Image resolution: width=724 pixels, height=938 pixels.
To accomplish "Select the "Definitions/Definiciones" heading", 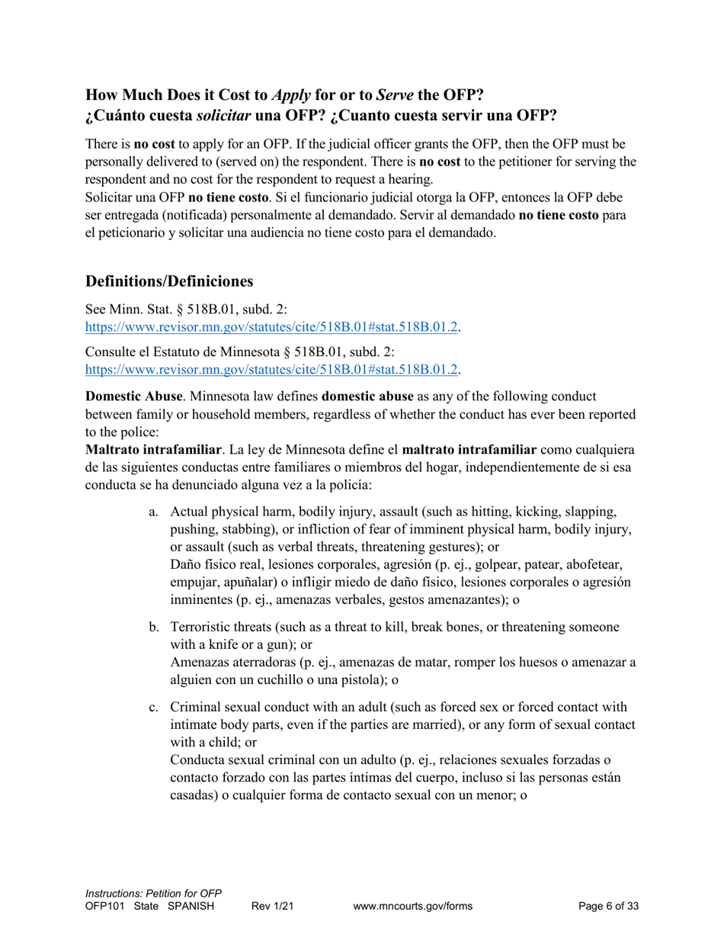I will click(169, 281).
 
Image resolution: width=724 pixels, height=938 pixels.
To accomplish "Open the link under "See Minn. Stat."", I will click(272, 327).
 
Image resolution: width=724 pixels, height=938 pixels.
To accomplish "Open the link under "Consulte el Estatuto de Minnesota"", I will click(272, 369).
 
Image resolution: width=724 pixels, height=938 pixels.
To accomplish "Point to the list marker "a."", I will click(154, 511).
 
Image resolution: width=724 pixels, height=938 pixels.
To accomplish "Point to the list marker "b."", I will click(154, 627).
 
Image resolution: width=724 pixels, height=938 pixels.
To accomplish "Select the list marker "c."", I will click(154, 707).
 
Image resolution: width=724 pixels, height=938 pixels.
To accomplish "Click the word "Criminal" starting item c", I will click(196, 707).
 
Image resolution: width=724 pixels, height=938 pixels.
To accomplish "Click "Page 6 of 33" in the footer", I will click(608, 907).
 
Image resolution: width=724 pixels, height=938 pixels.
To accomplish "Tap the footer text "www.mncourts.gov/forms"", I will click(412, 907).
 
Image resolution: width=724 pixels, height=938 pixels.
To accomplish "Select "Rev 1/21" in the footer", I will click(272, 907).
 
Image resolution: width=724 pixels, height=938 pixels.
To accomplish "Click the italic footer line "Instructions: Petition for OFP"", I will click(153, 893).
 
